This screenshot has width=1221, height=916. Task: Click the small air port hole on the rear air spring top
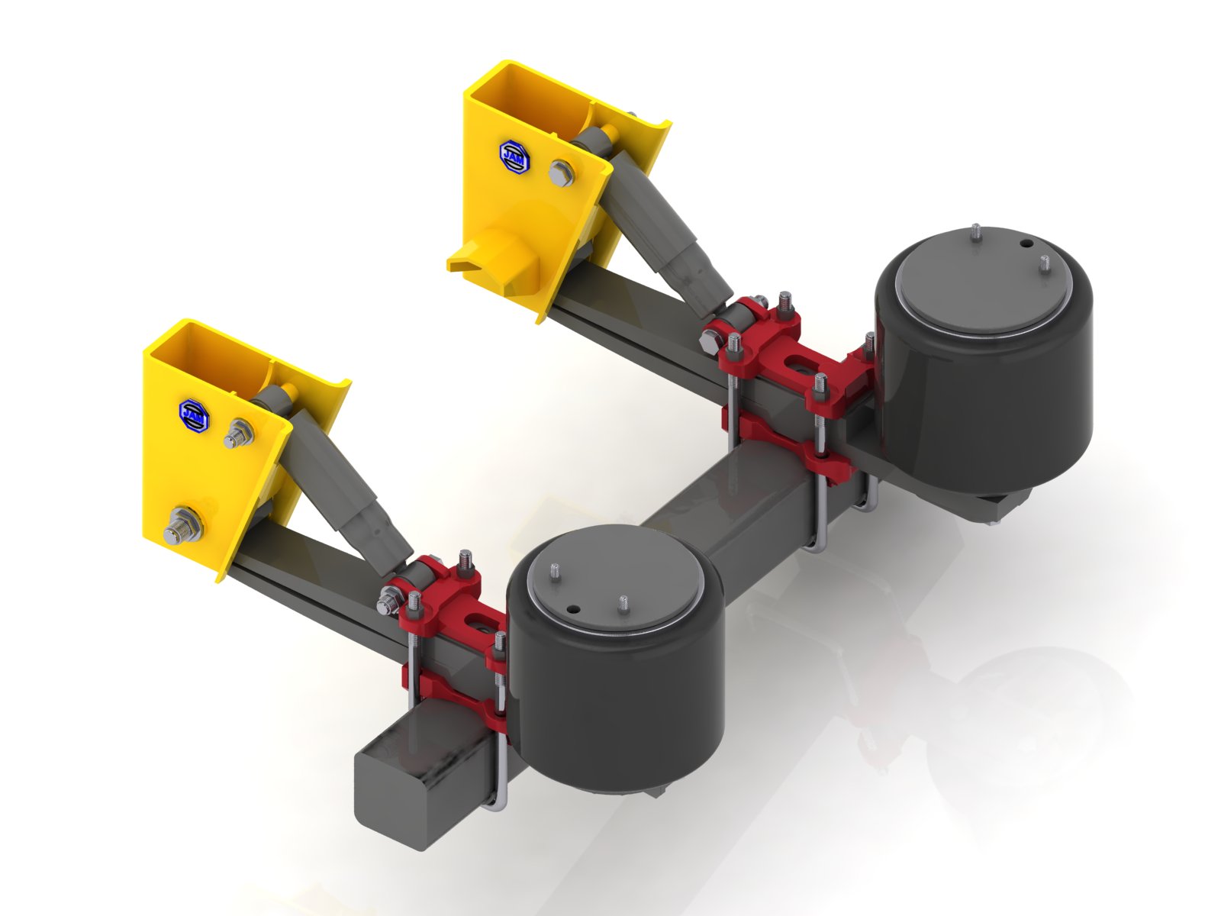pos(1027,244)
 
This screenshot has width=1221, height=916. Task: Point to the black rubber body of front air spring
pos(618,710)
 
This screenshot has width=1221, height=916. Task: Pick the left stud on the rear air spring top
pos(976,231)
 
